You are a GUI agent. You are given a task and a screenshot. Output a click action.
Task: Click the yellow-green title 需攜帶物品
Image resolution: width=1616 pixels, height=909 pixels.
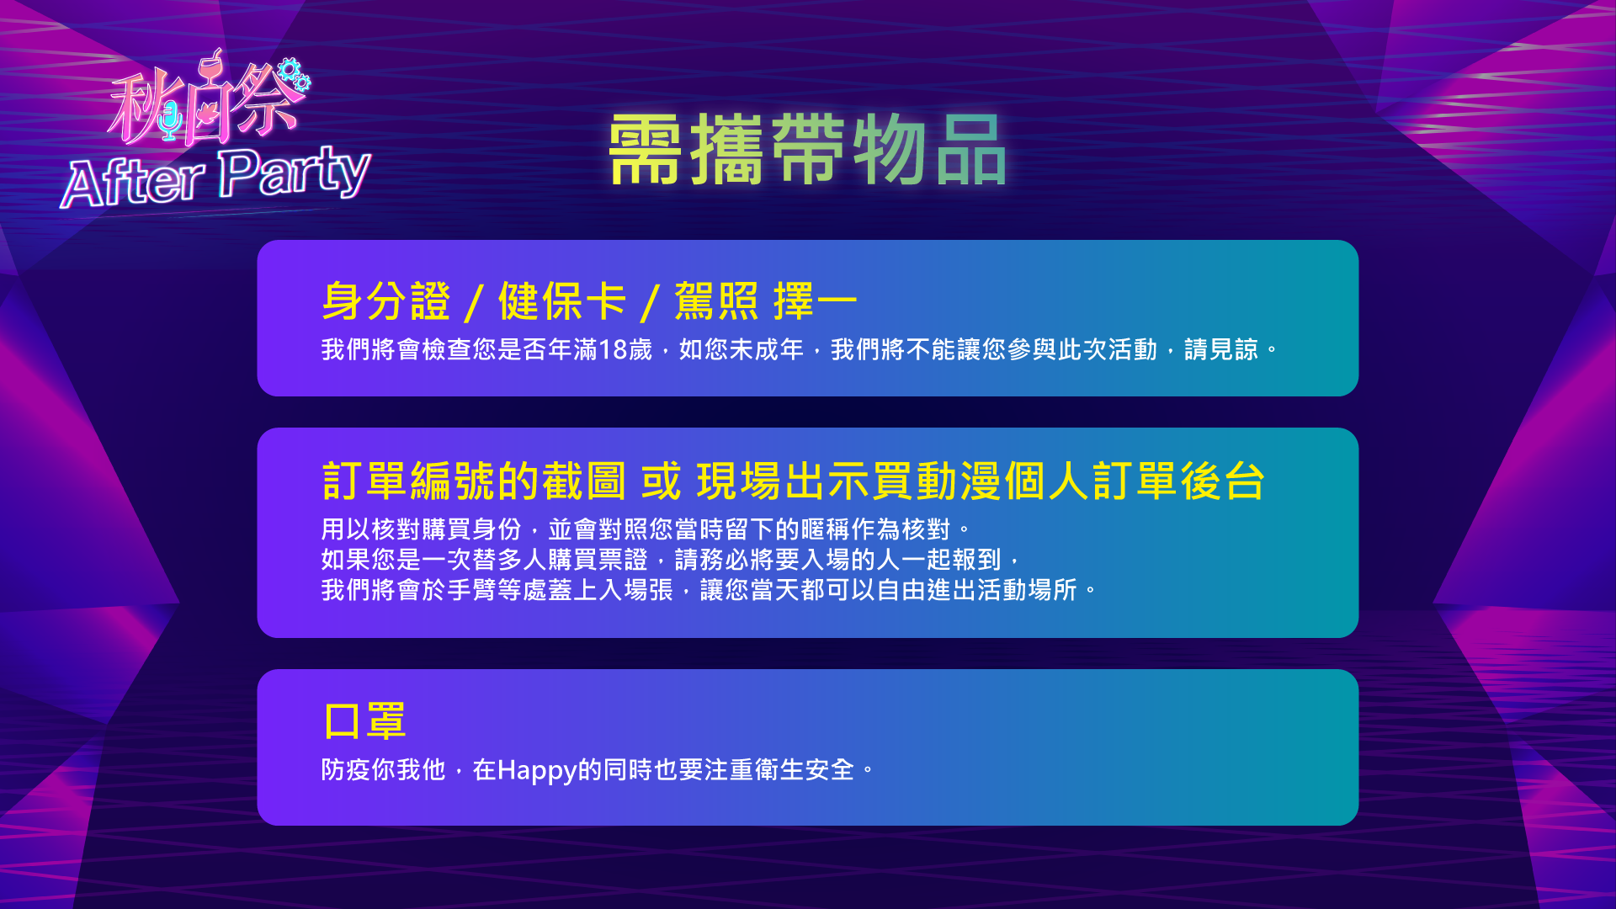[x=807, y=150]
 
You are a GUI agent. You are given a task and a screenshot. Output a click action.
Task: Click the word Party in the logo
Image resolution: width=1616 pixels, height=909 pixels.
[x=295, y=172]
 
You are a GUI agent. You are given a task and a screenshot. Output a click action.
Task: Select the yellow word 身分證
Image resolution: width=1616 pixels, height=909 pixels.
[x=386, y=301]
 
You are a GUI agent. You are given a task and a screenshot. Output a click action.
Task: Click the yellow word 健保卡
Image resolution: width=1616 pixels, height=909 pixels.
[x=562, y=301]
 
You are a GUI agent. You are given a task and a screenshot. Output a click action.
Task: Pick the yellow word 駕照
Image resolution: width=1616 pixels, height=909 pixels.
[x=716, y=301]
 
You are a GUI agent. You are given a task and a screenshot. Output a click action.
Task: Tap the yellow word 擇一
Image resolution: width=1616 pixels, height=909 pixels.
[x=816, y=301]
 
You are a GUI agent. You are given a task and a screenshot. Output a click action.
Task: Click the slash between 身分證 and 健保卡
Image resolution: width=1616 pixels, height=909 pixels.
[x=475, y=303]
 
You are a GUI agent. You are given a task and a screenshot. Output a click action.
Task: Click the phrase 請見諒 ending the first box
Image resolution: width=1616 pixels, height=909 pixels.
[x=1221, y=349]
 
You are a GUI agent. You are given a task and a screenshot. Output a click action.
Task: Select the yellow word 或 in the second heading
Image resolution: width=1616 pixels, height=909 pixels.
[x=661, y=481]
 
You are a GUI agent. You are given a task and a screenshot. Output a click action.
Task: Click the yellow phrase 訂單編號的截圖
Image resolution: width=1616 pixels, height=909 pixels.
[x=474, y=481]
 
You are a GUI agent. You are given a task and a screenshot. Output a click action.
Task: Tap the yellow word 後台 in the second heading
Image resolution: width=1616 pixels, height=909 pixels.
[x=1223, y=481]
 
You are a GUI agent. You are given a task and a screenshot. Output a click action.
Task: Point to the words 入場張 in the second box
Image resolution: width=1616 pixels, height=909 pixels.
[x=635, y=590]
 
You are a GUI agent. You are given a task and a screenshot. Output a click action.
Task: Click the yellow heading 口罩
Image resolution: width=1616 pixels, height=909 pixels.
[x=365, y=721]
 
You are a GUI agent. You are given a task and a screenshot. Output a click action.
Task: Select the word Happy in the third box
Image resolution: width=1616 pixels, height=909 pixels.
[x=537, y=771]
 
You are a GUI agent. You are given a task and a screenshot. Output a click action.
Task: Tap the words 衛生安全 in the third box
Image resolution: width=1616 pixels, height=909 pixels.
[x=805, y=770]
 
